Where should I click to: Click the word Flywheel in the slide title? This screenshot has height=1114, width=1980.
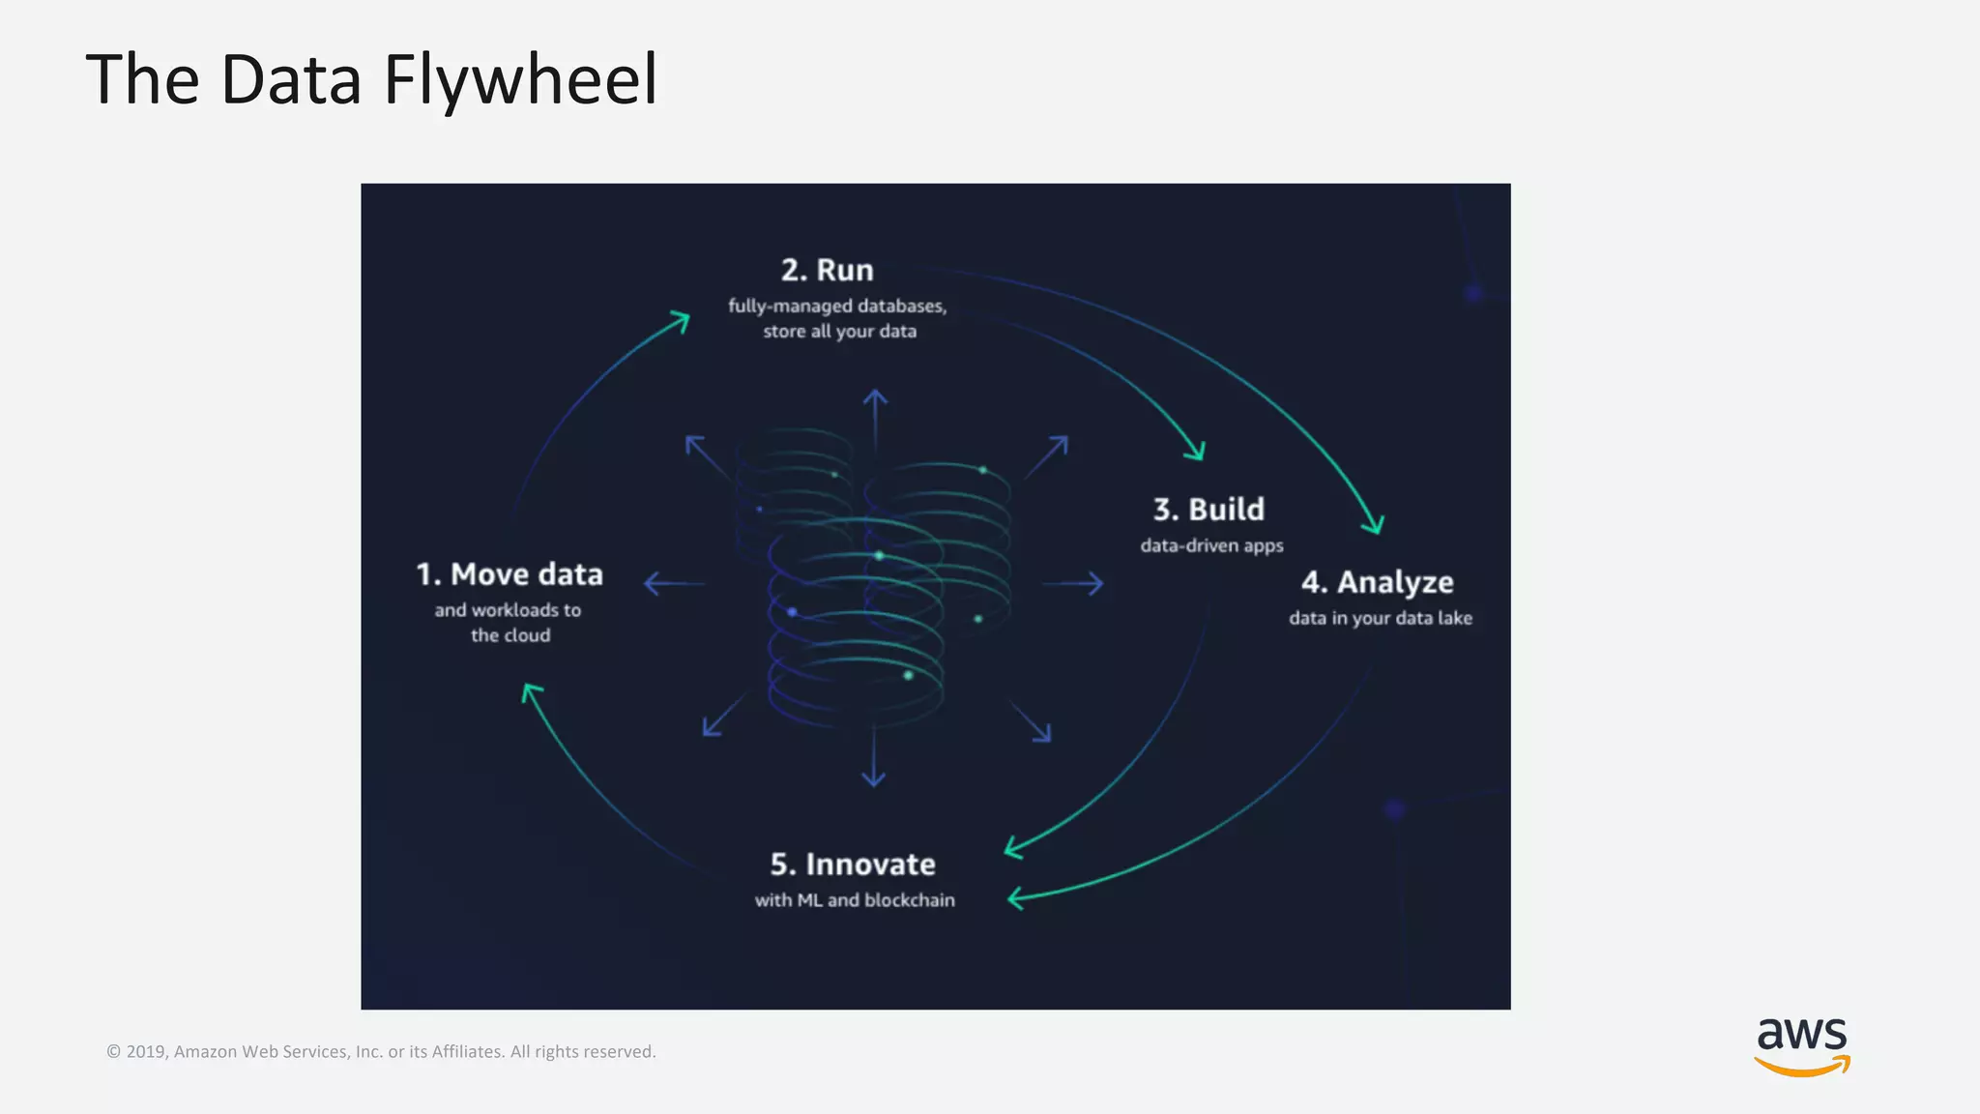520,79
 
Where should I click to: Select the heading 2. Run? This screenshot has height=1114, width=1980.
827,270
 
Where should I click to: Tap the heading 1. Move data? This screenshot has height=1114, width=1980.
510,574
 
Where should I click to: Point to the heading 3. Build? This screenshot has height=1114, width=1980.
1208,509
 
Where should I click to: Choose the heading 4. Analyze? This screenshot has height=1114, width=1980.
1377,582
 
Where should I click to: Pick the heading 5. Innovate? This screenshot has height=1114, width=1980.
853,864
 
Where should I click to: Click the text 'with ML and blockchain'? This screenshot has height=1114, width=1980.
855,900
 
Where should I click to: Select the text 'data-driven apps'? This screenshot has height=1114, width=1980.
1211,545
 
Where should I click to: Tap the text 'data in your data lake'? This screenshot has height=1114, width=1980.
1380,618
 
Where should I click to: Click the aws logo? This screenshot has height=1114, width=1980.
1801,1045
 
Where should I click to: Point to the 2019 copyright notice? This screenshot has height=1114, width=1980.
381,1051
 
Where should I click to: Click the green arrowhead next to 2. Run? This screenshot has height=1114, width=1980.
679,321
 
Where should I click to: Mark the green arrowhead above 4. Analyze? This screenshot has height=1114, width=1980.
1374,523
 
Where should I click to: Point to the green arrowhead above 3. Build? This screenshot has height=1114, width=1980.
1196,450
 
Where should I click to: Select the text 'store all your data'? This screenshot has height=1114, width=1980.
839,332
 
